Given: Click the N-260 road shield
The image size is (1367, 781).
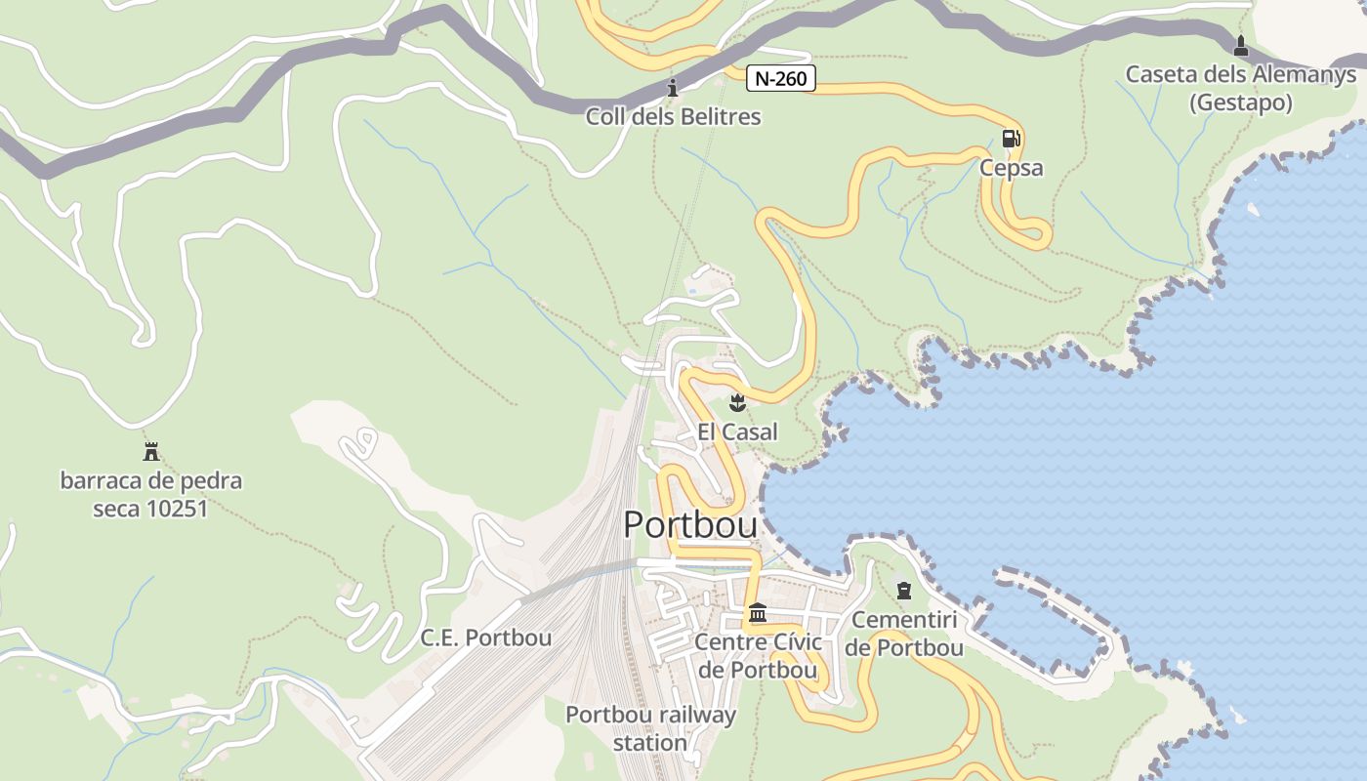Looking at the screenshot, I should pos(781,78).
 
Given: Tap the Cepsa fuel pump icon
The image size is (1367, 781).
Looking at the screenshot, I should pos(1011,139).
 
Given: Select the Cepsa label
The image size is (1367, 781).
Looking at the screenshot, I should pos(1011,168).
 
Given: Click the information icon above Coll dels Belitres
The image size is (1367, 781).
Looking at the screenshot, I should pos(672,89).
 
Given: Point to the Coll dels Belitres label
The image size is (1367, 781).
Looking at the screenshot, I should pos(673,117).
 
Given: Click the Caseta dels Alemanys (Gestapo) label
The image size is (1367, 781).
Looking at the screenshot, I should pos(1240,88).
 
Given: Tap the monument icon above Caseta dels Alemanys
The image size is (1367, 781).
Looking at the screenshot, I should pos(1241,45).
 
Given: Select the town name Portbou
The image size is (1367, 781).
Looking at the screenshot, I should pos(690,525).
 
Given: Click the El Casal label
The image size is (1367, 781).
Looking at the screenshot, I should pos(737,432).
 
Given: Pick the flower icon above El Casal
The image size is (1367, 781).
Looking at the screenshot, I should pos(737,402).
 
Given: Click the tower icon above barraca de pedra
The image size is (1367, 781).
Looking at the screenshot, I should pos(151,451).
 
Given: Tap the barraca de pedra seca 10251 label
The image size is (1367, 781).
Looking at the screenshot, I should pos(151,494).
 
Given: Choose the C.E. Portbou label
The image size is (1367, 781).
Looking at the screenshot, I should pos(485,638).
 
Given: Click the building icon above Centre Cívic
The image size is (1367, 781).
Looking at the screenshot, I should pos(758,613).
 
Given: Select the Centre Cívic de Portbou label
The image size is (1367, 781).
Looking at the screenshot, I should pos(758,656).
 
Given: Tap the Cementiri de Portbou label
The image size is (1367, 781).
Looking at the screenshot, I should pos(904,634).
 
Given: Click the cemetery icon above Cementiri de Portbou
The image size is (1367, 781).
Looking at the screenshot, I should pos(904,590).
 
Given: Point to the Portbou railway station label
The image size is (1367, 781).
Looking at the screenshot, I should pos(651,728).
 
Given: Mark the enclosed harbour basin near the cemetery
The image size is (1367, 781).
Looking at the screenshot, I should pos(1040,625).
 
